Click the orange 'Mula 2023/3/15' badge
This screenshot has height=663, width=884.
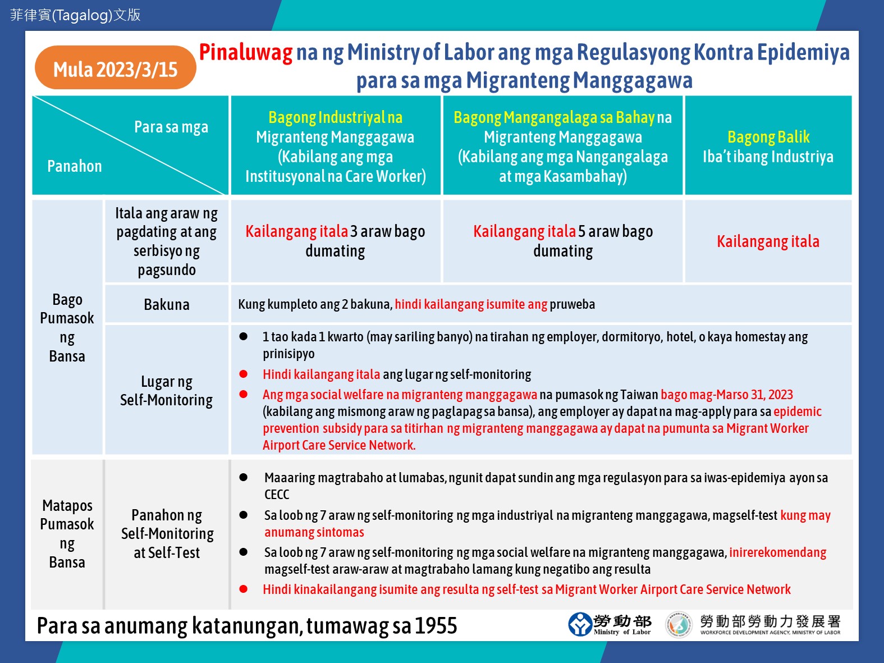click(115, 68)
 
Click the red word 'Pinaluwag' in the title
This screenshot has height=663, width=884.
click(246, 52)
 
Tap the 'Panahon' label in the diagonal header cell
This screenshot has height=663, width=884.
click(75, 166)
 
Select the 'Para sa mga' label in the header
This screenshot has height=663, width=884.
click(171, 127)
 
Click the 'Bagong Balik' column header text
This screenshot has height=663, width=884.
click(768, 137)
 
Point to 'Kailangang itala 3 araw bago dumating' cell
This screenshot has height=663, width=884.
click(335, 241)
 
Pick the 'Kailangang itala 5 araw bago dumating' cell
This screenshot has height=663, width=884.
click(563, 241)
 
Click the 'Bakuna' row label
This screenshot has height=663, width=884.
click(167, 304)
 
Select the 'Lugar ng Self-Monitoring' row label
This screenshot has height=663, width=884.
click(167, 390)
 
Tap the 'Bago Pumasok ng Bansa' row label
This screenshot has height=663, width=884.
click(67, 327)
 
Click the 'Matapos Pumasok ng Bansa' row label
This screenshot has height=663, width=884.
click(67, 533)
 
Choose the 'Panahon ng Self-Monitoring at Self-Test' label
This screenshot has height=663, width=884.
click(167, 533)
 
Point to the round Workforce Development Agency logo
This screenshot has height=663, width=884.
click(678, 624)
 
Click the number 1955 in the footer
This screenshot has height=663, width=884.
click(436, 625)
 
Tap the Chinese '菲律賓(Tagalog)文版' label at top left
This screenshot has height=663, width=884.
click(75, 15)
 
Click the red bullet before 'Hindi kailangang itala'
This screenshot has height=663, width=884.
click(244, 374)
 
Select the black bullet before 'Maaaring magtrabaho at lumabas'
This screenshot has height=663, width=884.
click(244, 478)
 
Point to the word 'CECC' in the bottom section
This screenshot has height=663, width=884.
click(277, 495)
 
